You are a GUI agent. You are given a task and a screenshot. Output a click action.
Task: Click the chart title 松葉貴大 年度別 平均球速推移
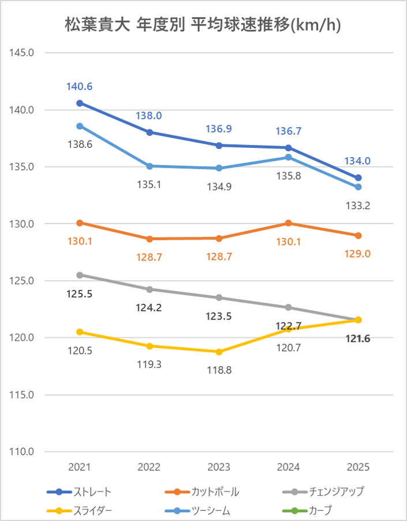click(x=203, y=25)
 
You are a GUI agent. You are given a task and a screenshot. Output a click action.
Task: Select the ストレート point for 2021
click(x=80, y=103)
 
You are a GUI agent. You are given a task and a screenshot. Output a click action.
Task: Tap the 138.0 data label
click(x=149, y=116)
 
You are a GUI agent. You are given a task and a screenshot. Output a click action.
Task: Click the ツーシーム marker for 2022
click(x=150, y=166)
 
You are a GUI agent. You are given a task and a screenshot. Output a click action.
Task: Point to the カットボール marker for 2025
click(x=359, y=236)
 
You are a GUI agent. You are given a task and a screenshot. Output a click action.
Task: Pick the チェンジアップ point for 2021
click(x=80, y=275)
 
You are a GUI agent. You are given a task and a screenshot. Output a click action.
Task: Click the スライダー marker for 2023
click(x=219, y=352)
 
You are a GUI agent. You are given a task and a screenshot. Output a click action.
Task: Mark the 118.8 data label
click(x=219, y=370)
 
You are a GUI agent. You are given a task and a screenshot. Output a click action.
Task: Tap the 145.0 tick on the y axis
click(x=23, y=53)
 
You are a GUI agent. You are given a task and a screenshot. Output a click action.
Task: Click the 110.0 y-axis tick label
click(x=23, y=452)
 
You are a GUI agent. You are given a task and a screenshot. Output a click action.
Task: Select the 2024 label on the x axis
click(x=289, y=467)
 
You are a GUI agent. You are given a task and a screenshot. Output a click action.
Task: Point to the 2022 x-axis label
click(x=150, y=467)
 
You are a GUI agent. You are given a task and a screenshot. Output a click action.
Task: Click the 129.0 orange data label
click(x=359, y=254)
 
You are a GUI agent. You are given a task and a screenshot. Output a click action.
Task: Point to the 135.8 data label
click(x=289, y=176)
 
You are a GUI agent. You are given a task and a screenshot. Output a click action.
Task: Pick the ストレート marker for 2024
click(x=289, y=148)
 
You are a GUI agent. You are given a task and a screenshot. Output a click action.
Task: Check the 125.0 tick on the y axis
click(x=23, y=281)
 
